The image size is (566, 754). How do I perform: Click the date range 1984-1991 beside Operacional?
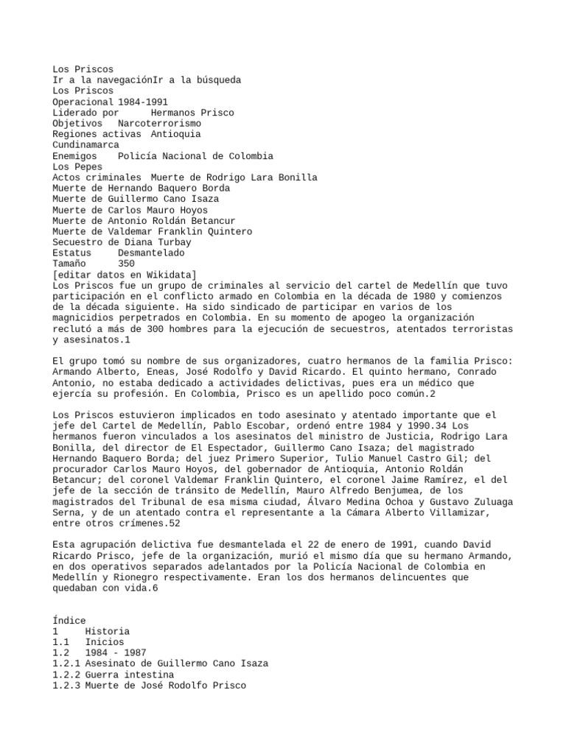coord(142,102)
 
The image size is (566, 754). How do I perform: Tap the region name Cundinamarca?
coord(85,145)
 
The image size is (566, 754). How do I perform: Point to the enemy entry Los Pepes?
coord(77,167)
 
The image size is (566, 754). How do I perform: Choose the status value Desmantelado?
coord(151,253)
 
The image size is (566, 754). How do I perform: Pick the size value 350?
coord(126,264)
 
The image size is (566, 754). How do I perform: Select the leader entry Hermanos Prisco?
coord(192,113)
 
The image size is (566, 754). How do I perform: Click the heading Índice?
coord(69,621)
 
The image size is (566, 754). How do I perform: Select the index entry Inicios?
coord(104,642)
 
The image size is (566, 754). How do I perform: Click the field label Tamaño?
coord(69,264)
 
